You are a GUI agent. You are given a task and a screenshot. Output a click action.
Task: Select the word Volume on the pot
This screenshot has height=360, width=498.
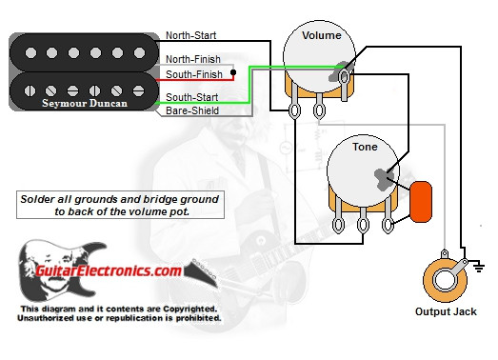click(x=323, y=36)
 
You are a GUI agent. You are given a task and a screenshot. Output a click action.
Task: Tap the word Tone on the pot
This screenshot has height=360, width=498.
click(x=365, y=148)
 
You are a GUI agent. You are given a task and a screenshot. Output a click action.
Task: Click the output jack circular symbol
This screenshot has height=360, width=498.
click(x=443, y=279)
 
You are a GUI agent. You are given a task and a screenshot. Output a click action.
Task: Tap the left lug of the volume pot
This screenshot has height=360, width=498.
click(x=296, y=110)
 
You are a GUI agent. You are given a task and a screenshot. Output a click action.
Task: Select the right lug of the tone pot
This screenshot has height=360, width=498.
click(x=388, y=225)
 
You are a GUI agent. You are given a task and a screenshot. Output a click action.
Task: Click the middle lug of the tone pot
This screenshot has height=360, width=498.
click(x=364, y=225)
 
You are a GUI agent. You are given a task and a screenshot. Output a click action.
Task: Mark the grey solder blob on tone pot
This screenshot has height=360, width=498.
click(x=386, y=177)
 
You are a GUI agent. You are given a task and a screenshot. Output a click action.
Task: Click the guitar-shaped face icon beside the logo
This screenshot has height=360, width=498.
click(x=41, y=269)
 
